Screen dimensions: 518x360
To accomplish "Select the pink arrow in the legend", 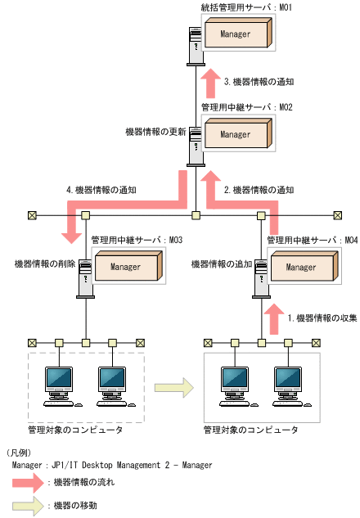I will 29,483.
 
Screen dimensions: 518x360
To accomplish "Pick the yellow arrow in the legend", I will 29,506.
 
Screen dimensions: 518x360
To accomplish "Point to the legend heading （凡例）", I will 21,452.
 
